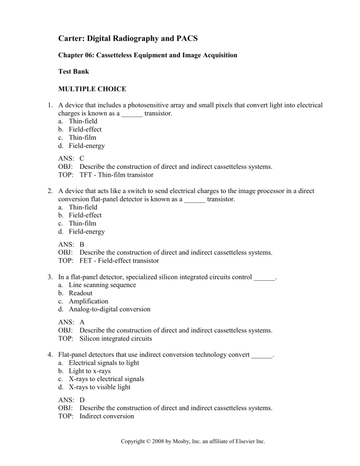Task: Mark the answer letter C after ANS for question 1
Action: [82, 158]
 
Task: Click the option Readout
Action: [81, 293]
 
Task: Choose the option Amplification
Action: [89, 301]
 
